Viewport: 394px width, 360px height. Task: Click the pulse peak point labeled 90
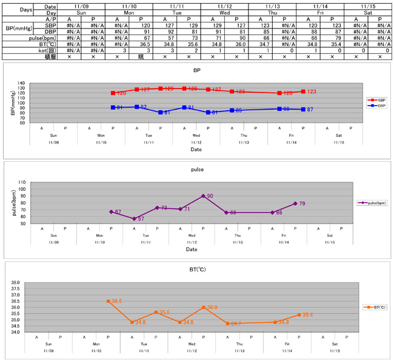click(203, 196)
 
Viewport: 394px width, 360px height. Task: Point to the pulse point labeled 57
click(134, 218)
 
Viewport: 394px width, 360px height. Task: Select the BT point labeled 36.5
click(109, 301)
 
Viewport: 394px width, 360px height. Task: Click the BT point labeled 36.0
click(203, 307)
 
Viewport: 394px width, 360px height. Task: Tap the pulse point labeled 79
click(296, 204)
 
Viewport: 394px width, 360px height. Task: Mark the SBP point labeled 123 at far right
click(302, 92)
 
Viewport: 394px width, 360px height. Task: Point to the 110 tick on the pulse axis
click(22, 182)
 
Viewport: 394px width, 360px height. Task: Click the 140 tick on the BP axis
click(21, 83)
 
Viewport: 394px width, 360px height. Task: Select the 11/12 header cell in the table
click(223, 5)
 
